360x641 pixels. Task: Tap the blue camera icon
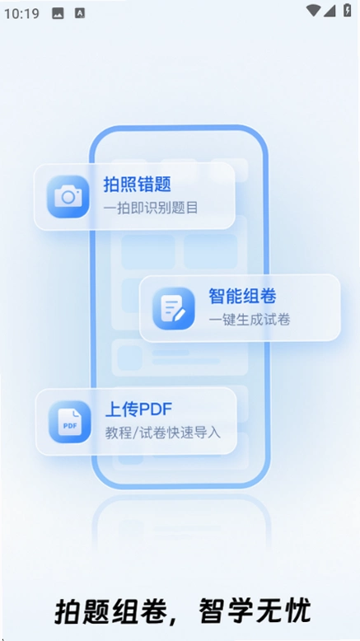68,197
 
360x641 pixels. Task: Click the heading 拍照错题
137,185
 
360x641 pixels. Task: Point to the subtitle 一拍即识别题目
151,208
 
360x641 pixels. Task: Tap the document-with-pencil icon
174,309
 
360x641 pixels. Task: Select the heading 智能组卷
243,296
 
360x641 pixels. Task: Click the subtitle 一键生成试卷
250,320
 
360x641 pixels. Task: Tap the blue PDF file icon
70,422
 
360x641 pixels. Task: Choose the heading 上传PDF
139,409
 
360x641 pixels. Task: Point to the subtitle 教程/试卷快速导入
163,433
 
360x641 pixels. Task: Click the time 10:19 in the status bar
21,13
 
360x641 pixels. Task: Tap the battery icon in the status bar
348,10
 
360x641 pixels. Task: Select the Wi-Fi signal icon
313,11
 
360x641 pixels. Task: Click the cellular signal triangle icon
330,11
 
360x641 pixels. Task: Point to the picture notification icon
58,13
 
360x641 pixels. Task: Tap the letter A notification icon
80,13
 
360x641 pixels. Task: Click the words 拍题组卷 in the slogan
110,611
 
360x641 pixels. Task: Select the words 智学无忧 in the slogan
255,611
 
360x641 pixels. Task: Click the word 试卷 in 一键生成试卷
277,320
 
